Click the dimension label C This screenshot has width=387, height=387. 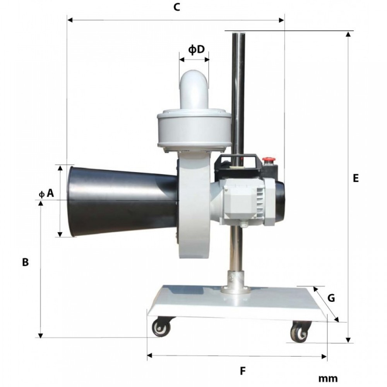[x=177, y=7]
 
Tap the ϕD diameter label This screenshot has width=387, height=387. [x=197, y=50]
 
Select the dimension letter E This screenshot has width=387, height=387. [x=356, y=178]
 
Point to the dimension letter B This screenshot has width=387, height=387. [x=26, y=262]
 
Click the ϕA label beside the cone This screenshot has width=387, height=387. [x=46, y=193]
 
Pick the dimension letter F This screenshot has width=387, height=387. [x=243, y=371]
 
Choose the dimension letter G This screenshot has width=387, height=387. [x=331, y=298]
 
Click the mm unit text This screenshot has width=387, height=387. [x=328, y=378]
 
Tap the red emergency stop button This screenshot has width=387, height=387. [x=267, y=160]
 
